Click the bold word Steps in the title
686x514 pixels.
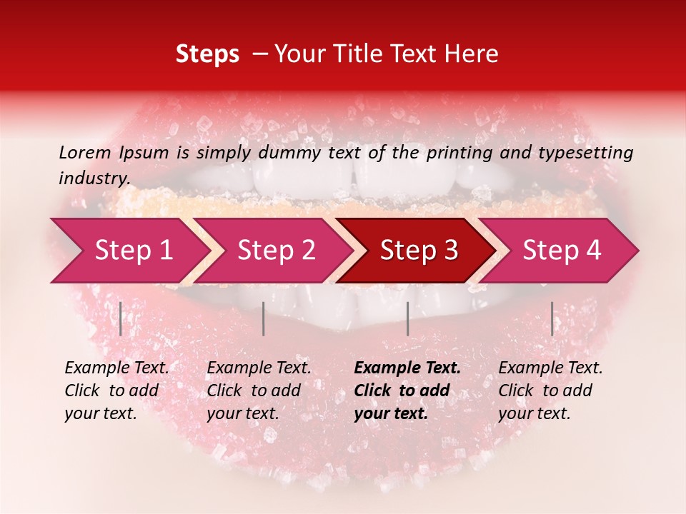pos(207,54)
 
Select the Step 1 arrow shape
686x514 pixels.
pos(129,250)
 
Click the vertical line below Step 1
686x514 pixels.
pos(121,318)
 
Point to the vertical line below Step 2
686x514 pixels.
pos(264,318)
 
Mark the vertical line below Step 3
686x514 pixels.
pos(407,318)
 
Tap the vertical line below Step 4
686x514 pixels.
pos(552,318)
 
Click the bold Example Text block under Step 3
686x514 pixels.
pos(407,390)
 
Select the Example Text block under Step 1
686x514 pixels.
pos(116,390)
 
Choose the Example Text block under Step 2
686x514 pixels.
pos(259,390)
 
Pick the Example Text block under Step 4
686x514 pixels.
pos(550,390)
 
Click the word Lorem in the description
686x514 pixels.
pos(85,152)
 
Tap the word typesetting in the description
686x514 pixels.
pos(591,153)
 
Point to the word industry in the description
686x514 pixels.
pos(94,178)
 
